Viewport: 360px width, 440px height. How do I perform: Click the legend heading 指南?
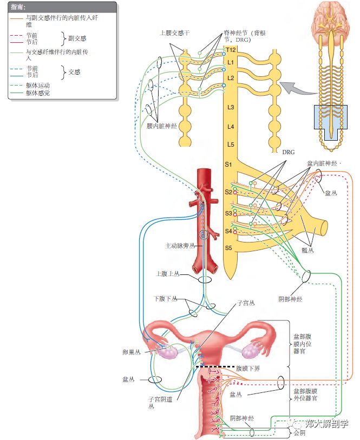(x=17, y=8)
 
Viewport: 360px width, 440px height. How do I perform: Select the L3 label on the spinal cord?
(x=230, y=108)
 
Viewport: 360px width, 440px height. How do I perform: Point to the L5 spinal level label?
(x=230, y=145)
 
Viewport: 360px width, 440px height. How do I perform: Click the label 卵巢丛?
(x=130, y=351)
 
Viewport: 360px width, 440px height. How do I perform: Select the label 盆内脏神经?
(x=322, y=162)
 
